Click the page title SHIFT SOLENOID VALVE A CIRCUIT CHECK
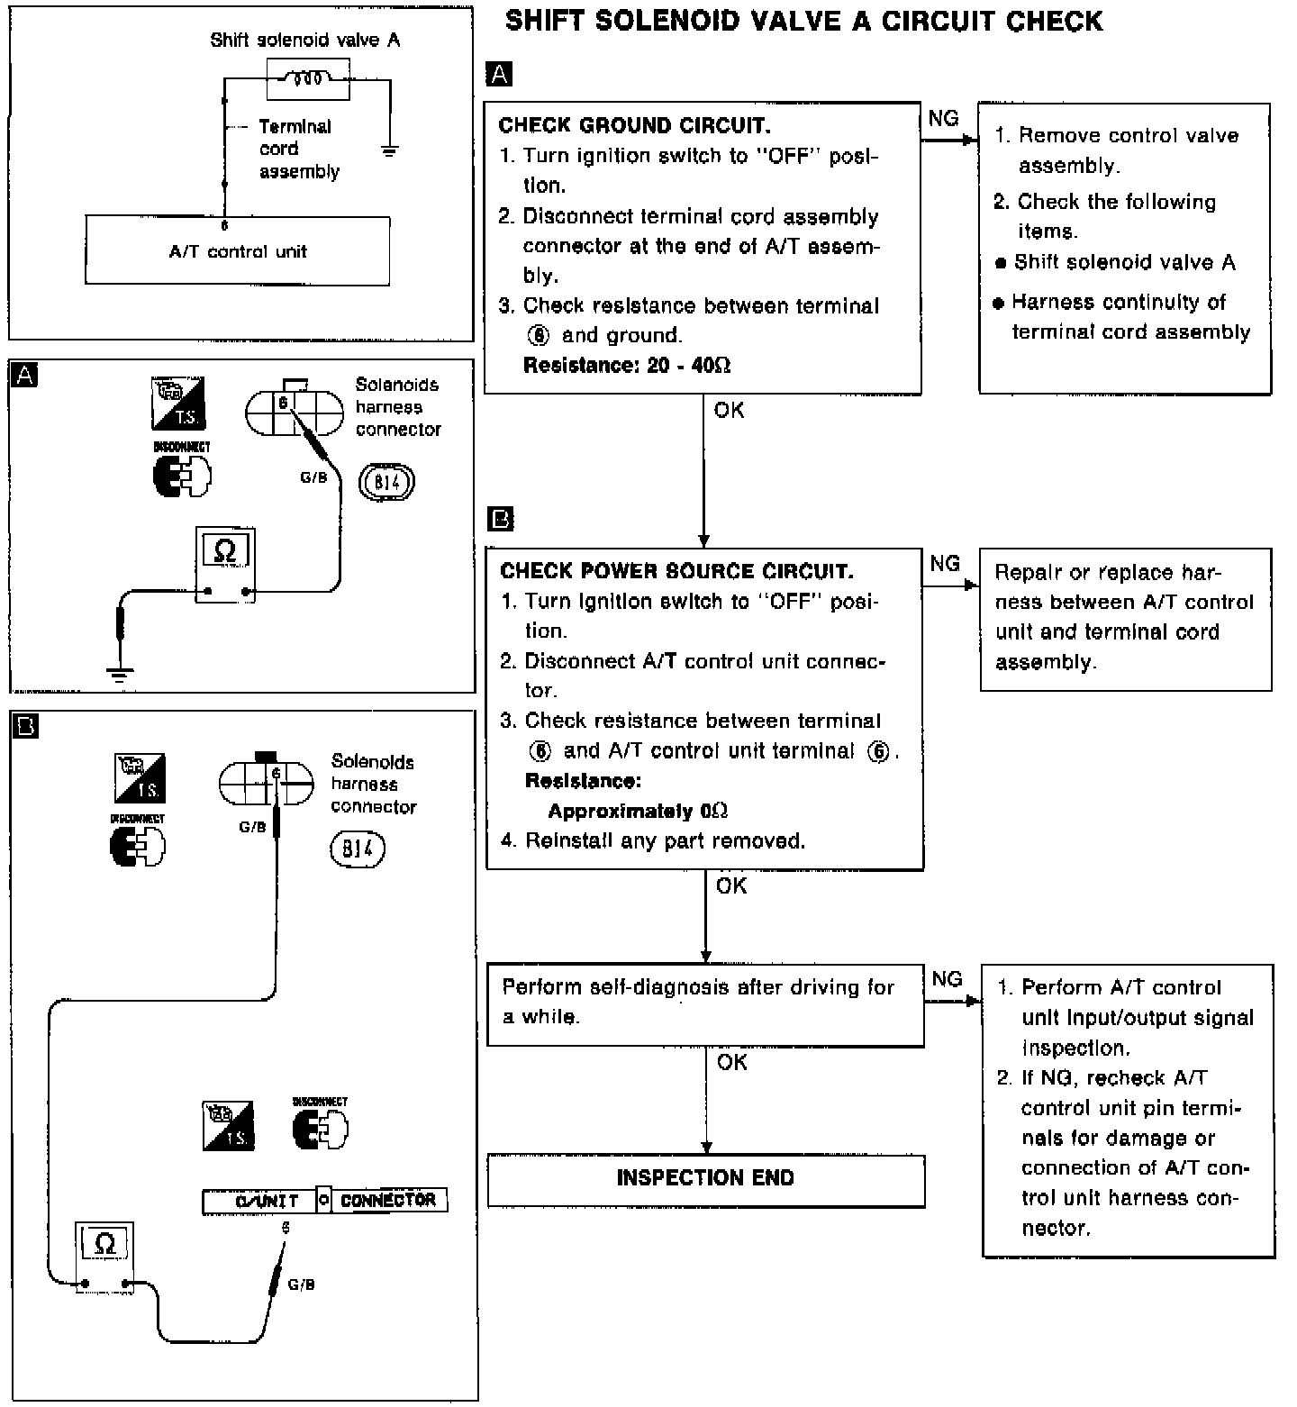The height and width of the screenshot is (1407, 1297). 803,21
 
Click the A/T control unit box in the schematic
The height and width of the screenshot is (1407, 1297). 238,250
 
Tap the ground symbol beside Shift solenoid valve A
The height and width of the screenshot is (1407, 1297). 389,150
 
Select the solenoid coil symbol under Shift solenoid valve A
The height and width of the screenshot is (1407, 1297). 308,79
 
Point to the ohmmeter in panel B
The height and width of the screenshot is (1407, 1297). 104,1257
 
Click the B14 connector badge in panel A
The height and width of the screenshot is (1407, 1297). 387,482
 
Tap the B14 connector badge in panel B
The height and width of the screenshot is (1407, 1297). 358,849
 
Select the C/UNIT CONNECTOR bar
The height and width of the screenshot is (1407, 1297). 324,1200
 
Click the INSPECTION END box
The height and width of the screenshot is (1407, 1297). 705,1178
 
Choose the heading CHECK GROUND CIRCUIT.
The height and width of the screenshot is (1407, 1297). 634,125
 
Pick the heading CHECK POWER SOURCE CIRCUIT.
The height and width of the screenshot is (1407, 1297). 676,571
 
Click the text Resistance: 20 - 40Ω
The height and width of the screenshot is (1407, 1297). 627,365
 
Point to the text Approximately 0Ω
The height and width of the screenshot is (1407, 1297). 638,811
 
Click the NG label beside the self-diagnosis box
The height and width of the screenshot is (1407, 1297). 947,979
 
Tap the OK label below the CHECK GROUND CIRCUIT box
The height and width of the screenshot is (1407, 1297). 730,411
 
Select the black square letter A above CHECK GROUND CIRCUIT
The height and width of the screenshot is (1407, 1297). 498,74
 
